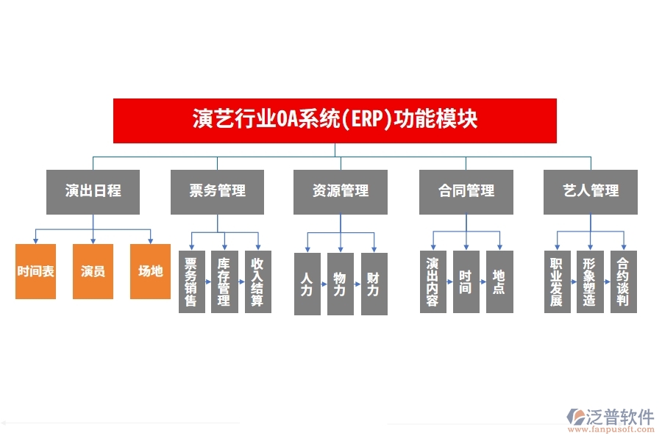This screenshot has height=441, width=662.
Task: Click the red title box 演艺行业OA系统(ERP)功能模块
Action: pos(335,120)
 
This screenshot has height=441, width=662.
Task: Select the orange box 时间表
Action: pos(36,271)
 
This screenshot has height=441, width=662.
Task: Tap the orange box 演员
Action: pos(93,271)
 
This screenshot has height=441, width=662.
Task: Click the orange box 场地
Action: pos(150,271)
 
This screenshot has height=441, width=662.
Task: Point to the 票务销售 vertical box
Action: pos(191,282)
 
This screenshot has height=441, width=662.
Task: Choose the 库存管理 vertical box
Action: pos(224,282)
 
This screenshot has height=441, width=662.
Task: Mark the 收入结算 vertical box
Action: pos(257,282)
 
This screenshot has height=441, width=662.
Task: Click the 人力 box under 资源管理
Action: pos(307,284)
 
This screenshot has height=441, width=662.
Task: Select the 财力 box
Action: pos(374,284)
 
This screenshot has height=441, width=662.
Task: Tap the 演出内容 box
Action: pos(433,282)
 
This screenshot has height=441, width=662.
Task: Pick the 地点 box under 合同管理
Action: pos(499,282)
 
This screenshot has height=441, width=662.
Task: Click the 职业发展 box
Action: pos(557,282)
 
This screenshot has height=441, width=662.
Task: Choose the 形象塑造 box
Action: pos(590,282)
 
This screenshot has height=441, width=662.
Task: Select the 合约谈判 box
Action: pos(624,282)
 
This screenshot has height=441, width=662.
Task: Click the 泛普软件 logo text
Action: pos(620,417)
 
